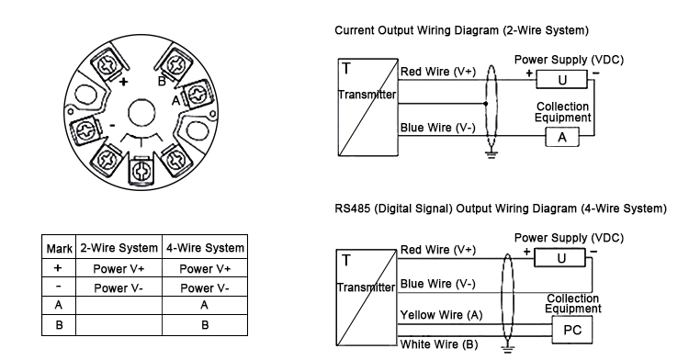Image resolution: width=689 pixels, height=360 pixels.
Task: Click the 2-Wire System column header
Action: pos(119,248)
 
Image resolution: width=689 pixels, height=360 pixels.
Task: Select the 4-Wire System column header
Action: pos(203,248)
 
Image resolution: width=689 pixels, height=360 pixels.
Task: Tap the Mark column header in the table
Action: pos(59,248)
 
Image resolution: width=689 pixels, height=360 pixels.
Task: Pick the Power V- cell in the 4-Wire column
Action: pos(203,287)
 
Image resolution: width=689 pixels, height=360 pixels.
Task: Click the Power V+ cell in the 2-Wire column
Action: pos(119,268)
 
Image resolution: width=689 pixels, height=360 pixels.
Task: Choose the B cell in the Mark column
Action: pos(59,324)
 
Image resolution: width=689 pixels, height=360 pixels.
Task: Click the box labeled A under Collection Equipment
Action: pos(563,137)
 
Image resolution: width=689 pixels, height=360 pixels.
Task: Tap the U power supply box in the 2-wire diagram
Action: pos(562,79)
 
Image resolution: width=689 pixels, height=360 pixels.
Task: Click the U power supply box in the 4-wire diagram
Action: pos(559,259)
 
